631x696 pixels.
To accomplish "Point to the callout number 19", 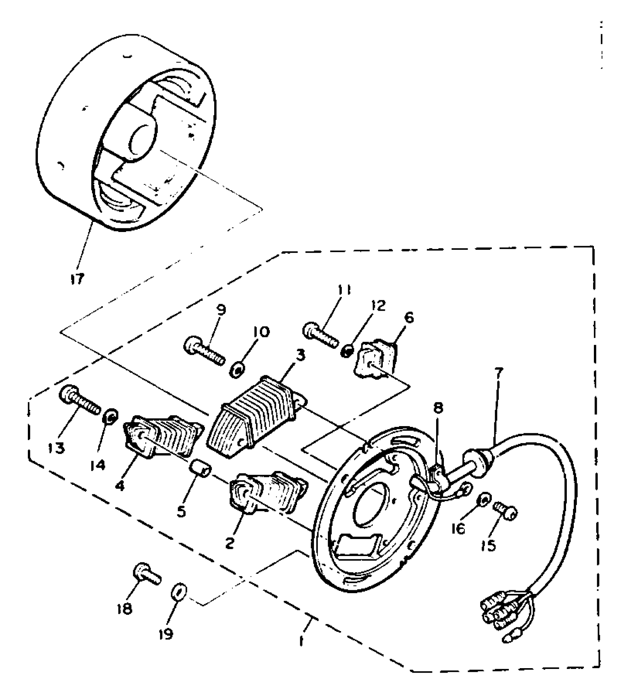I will (x=166, y=634).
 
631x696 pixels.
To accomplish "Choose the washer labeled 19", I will (x=179, y=592).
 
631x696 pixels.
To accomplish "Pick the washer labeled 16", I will (x=483, y=500).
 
